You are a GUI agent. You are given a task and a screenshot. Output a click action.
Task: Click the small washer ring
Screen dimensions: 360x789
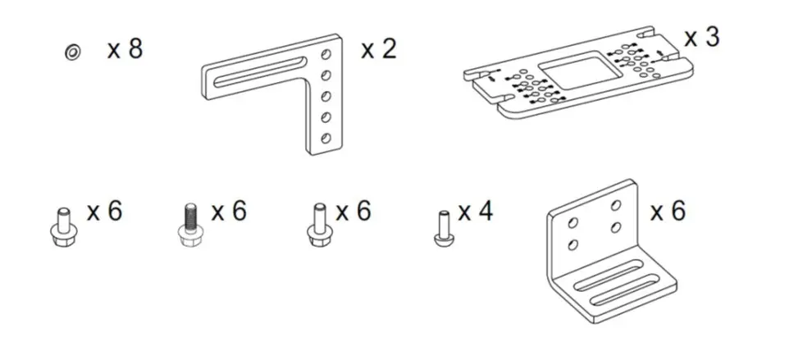pyautogui.click(x=72, y=52)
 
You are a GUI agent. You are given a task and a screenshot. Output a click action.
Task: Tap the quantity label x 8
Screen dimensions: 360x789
pyautogui.click(x=125, y=49)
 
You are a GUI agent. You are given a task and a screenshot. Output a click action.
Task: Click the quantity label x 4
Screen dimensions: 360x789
pyautogui.click(x=476, y=212)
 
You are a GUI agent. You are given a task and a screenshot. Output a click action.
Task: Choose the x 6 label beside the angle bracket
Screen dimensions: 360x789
pyautogui.click(x=668, y=212)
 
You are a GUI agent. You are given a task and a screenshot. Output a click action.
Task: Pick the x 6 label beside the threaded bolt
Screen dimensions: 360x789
pyautogui.click(x=229, y=212)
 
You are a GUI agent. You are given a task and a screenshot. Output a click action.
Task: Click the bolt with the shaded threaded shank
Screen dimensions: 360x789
pyautogui.click(x=188, y=221)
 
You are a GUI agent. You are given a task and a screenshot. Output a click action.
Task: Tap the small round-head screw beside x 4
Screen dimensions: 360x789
pyautogui.click(x=443, y=226)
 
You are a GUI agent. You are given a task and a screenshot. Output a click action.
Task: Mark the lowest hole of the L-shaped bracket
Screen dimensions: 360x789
pyautogui.click(x=326, y=136)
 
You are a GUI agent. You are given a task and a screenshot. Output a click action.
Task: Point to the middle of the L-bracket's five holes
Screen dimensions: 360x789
pyautogui.click(x=327, y=96)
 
